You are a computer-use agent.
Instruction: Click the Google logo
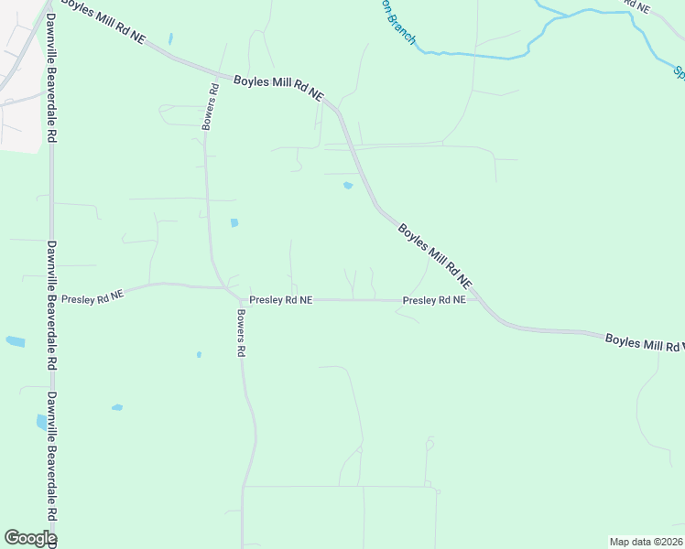point(29,538)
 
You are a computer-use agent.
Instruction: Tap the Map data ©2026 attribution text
point(646,542)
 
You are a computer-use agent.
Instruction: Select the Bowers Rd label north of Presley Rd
point(212,106)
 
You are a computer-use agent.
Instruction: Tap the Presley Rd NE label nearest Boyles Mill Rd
point(434,300)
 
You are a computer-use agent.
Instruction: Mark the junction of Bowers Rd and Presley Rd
point(229,290)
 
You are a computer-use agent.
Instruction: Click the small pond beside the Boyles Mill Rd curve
point(348,186)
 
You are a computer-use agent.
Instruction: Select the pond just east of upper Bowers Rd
point(234,222)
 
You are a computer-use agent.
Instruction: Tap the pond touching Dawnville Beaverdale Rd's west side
point(41,422)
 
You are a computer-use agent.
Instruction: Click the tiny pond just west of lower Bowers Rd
point(199,354)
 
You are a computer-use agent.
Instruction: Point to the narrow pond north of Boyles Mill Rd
point(170,39)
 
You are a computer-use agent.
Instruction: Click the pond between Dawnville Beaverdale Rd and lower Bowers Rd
point(116,407)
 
